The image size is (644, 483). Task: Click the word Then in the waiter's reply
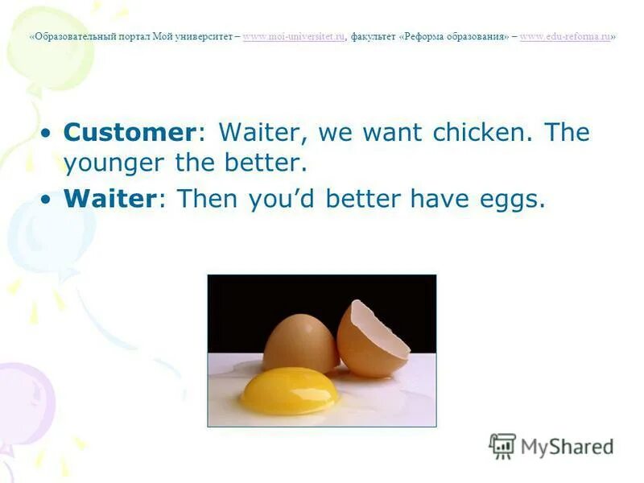(x=204, y=199)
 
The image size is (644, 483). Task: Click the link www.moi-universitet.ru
(x=293, y=37)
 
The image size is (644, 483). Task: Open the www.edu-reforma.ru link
(x=565, y=37)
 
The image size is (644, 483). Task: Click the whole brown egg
(x=299, y=341)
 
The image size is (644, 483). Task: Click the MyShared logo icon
(x=502, y=446)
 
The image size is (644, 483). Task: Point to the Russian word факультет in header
(x=373, y=37)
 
